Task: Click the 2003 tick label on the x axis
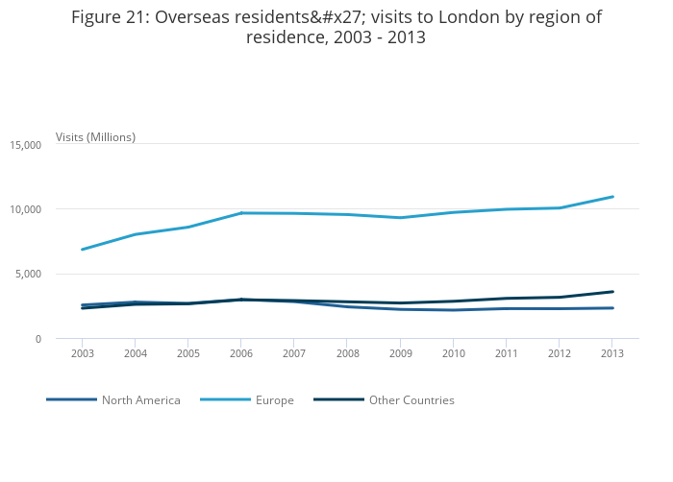(82, 354)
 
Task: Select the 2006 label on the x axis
(241, 354)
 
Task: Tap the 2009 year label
(400, 354)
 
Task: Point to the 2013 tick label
(612, 354)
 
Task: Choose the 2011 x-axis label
(507, 354)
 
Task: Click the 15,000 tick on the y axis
(25, 145)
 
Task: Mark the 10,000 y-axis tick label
(25, 209)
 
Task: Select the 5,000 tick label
(28, 275)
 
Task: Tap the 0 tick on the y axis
(38, 339)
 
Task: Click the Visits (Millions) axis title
(95, 137)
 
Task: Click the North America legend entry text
(140, 400)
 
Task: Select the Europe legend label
(275, 400)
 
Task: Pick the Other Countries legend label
(411, 400)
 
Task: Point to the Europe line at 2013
(612, 197)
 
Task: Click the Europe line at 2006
(241, 213)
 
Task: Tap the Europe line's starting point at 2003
(83, 250)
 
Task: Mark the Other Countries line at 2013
(612, 292)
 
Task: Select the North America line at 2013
(612, 308)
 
